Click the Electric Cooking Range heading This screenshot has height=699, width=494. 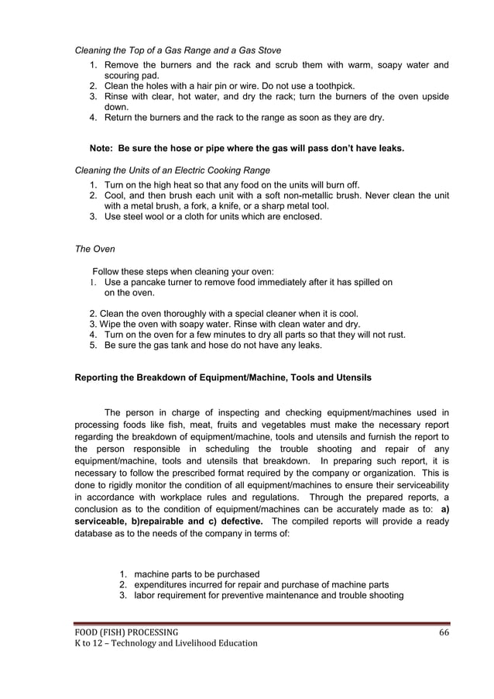pyautogui.click(x=171, y=170)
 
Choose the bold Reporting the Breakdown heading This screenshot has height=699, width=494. pyautogui.click(x=222, y=378)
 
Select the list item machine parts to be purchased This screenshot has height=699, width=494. pyautogui.click(x=197, y=574)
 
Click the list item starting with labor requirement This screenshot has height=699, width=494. pyautogui.click(x=269, y=595)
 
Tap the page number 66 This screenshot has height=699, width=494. pyautogui.click(x=444, y=632)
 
